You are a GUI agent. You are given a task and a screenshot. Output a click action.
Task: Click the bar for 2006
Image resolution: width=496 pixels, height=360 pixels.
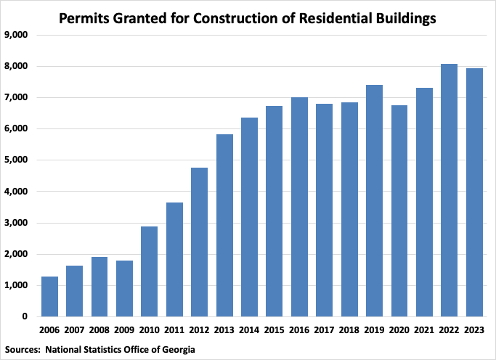pos(49,296)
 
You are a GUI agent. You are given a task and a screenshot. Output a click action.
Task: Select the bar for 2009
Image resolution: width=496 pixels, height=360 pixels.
pos(124,288)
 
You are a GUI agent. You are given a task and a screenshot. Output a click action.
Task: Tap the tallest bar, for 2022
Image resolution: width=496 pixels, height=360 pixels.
pos(450,190)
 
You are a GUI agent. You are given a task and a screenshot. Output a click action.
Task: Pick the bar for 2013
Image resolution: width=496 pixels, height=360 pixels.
pos(224,225)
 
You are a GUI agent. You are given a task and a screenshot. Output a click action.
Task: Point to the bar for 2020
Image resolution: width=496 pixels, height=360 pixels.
pos(399,210)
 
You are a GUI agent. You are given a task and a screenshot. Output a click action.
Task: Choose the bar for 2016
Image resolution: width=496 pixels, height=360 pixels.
pos(299,207)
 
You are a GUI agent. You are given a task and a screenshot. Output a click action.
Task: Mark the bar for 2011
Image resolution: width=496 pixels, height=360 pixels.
pos(174,259)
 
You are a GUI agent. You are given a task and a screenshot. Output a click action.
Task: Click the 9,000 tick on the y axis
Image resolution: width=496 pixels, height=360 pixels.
pos(16,35)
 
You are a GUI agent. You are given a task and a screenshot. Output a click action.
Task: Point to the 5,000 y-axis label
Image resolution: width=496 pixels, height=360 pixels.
pos(16,160)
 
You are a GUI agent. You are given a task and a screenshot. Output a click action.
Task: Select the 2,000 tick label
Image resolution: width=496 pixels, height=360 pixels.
pos(16,255)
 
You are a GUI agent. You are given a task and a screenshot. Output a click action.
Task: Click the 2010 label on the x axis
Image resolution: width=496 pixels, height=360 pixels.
pos(149,330)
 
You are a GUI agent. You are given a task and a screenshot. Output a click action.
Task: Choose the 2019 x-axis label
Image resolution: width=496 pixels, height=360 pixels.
pos(374,330)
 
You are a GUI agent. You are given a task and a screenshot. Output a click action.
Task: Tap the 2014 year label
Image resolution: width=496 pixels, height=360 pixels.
pos(249,330)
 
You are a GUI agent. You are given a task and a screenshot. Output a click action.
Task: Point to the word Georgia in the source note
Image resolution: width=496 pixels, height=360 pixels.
pos(176,350)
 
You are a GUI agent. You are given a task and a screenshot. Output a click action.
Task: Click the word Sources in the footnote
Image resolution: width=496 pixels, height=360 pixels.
pos(23,350)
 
